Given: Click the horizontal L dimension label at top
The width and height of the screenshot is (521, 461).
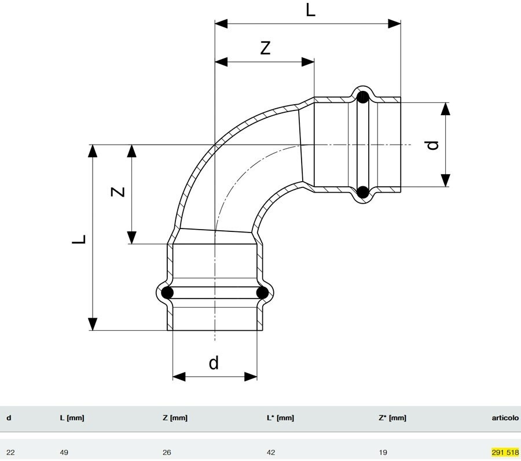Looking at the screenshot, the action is coord(311,10).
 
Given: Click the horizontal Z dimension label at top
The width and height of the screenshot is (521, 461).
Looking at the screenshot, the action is coord(265,49).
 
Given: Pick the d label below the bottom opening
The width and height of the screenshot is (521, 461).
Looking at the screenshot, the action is coord(214,363).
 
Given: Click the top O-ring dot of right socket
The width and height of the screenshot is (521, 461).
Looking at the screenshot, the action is coord(362,97).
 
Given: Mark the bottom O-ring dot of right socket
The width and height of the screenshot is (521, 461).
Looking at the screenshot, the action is coord(362,192).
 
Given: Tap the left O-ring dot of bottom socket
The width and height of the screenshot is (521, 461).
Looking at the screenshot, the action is coord(167,293).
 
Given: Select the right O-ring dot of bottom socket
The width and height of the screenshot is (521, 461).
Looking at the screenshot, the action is coord(262,293).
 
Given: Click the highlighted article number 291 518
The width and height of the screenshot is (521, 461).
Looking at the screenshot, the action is coord(505,452).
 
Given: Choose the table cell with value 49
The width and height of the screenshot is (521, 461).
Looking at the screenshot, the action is coord(64,452).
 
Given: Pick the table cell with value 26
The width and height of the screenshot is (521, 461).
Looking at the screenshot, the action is coord(167,452).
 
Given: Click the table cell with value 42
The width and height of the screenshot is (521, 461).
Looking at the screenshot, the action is coord(270,452).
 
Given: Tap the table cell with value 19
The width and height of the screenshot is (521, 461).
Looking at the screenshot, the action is coord(383,452).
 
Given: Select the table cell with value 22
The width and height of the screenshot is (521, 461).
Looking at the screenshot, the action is coord(10,452).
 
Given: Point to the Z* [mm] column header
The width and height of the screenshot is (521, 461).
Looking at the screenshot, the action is coord(392,418).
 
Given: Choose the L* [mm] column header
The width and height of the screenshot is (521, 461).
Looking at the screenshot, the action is coord(280,418).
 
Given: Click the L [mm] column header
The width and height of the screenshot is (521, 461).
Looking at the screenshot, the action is coord(72,418).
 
